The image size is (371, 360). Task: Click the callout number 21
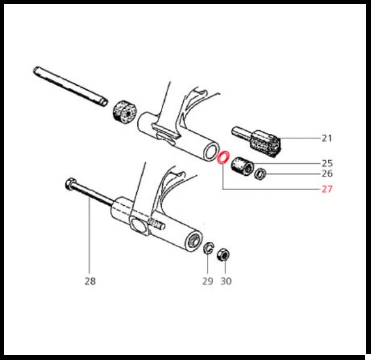click(x=327, y=138)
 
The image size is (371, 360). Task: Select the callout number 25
click(x=327, y=163)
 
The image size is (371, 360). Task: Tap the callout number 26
click(x=327, y=174)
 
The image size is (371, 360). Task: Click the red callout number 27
click(x=327, y=189)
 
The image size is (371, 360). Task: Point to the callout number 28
click(x=90, y=281)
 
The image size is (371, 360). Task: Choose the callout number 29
click(x=208, y=281)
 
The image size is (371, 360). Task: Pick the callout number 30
click(x=226, y=281)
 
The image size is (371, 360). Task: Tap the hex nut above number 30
click(x=223, y=255)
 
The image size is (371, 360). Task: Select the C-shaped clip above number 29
click(x=206, y=248)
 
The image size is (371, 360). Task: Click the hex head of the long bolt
click(x=70, y=184)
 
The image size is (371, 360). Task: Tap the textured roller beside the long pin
click(x=124, y=112)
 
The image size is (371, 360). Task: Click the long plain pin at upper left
click(x=70, y=86)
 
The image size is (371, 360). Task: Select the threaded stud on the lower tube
click(x=157, y=224)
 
